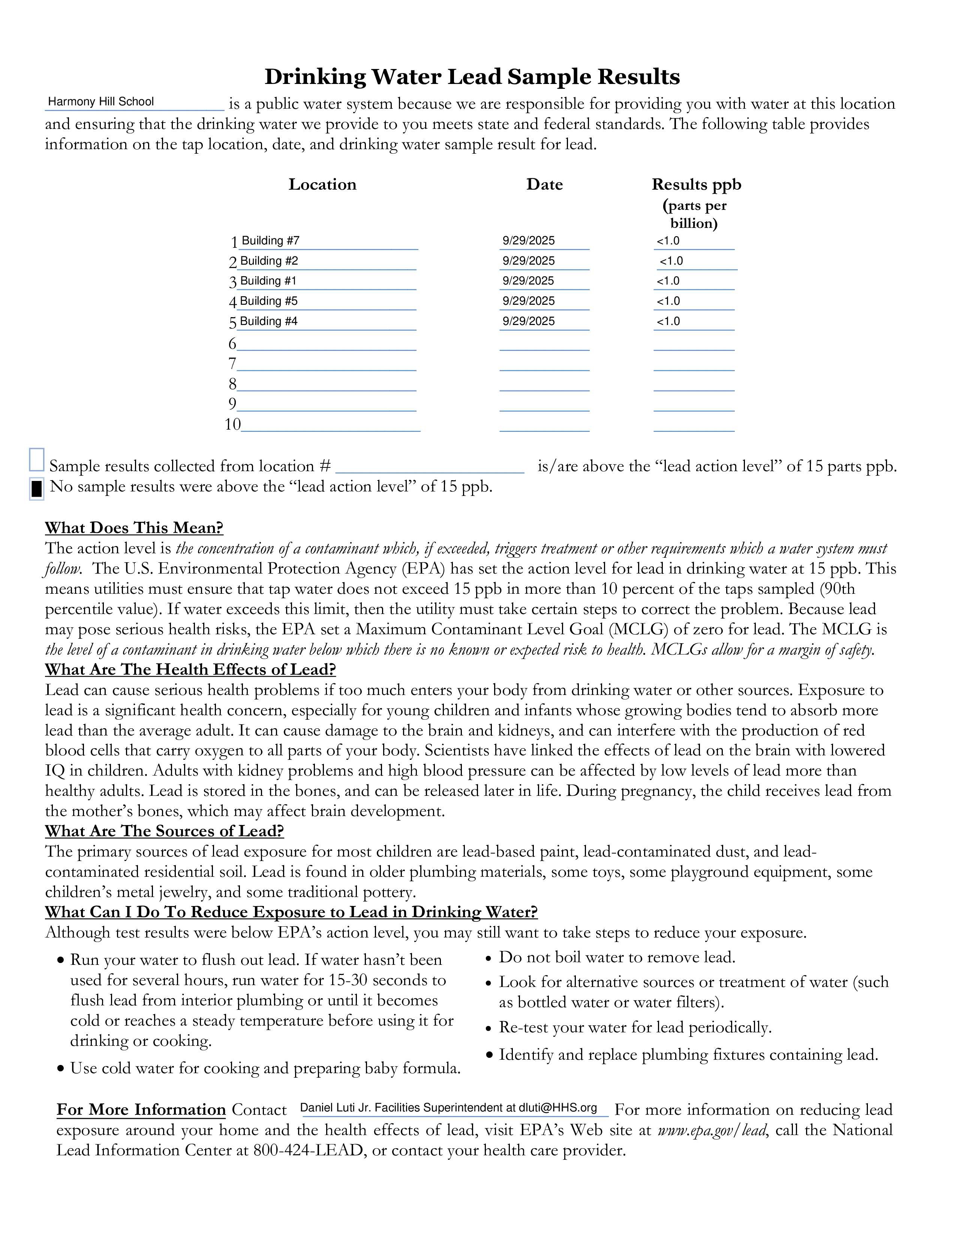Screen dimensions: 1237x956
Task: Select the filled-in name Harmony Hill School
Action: tap(101, 102)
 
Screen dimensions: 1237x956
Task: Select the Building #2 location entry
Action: tap(269, 261)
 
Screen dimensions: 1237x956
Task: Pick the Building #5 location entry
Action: tap(268, 301)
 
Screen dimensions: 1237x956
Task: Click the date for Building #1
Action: tap(528, 281)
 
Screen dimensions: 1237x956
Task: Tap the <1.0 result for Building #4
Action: tap(668, 322)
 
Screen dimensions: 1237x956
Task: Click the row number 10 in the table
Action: tap(232, 424)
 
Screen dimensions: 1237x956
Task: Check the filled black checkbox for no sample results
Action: tap(37, 488)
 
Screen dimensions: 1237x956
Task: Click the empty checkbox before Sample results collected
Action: tap(37, 460)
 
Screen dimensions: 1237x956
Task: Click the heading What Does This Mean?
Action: tap(134, 528)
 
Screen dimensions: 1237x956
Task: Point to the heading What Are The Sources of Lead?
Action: tap(164, 831)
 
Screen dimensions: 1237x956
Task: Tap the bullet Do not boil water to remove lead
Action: tap(617, 957)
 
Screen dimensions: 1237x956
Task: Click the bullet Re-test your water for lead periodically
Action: tap(635, 1027)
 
